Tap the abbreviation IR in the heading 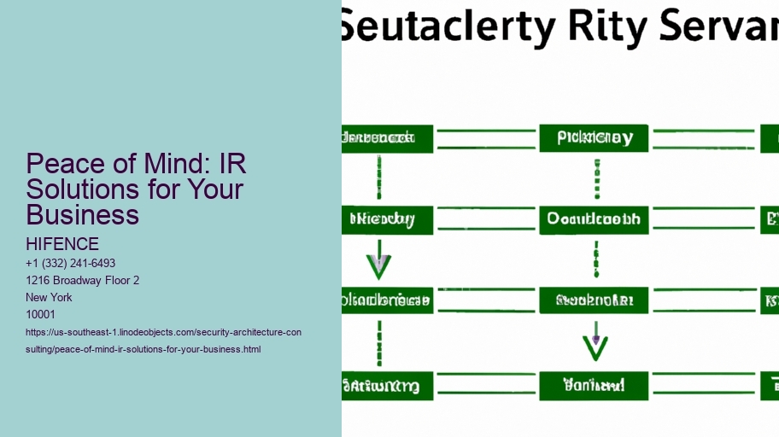click(232, 163)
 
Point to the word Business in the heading click(82, 214)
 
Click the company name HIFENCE click(62, 245)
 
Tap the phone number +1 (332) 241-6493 click(71, 263)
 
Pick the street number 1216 click(39, 280)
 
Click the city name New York click(50, 297)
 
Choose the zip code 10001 click(41, 314)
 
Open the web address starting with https click(163, 341)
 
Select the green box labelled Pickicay click(594, 138)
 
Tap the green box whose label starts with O click(594, 219)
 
